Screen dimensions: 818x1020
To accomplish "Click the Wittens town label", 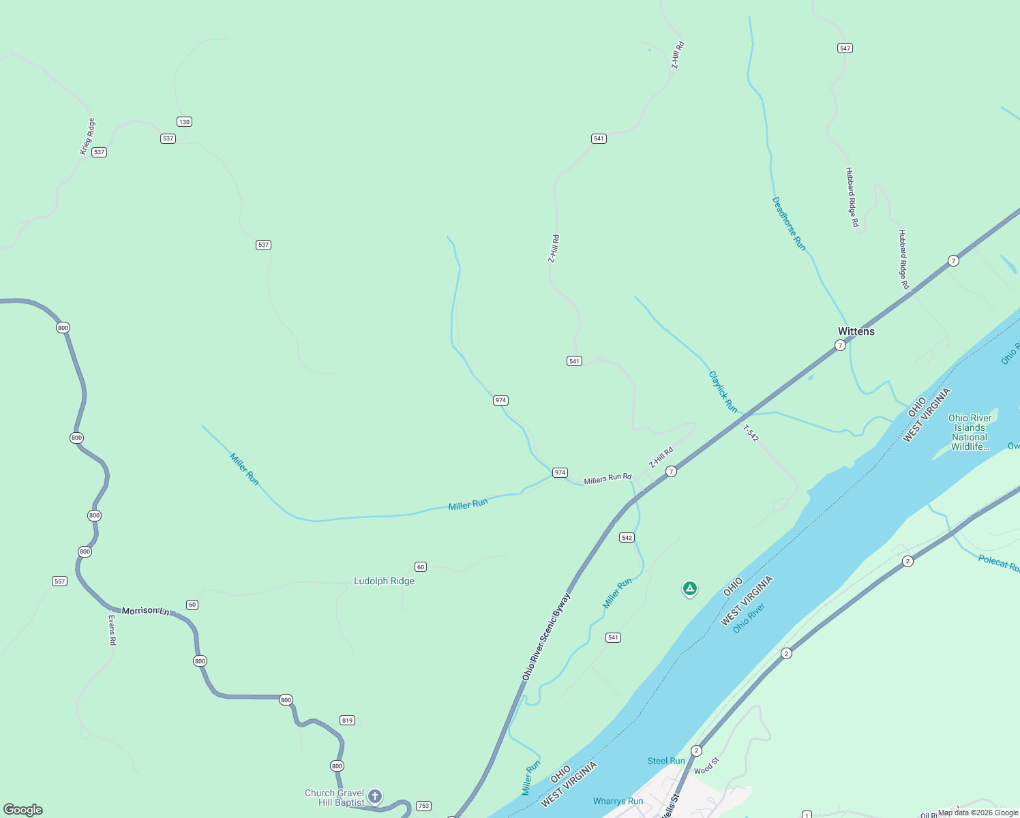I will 856,331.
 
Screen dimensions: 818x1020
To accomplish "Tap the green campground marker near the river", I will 689,588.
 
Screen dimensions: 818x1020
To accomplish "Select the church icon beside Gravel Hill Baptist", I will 374,796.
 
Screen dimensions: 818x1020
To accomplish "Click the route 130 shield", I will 184,122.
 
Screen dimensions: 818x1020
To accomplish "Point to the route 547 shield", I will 845,48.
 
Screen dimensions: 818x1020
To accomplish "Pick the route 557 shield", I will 60,581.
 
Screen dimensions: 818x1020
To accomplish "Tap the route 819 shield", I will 347,721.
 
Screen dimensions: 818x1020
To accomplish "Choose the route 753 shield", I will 423,806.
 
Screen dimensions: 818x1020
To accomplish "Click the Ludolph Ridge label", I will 384,581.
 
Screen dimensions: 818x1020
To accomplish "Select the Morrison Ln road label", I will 145,611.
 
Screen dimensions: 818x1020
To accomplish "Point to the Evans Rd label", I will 112,630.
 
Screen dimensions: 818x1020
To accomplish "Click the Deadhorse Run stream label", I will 788,224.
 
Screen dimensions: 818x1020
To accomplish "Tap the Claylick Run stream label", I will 723,391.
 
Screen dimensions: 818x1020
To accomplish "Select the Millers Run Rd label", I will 607,479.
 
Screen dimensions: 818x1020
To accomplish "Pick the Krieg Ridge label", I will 87,136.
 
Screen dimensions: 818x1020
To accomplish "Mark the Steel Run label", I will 666,761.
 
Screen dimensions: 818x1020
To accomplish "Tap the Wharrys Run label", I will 618,801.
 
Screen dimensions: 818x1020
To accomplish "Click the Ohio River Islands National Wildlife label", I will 970,432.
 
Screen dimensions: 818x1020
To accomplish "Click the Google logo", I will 23,810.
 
